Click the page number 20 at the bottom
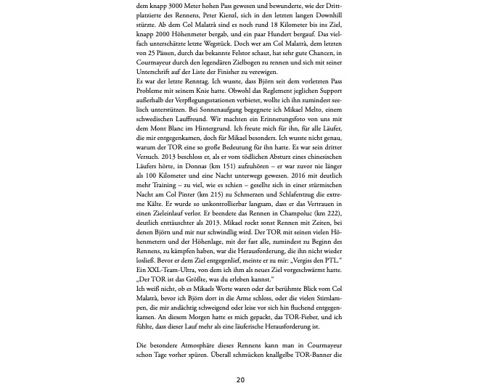click(x=240, y=379)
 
